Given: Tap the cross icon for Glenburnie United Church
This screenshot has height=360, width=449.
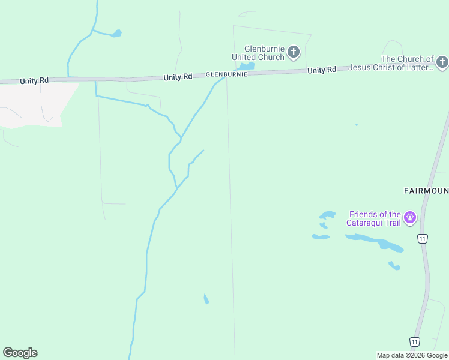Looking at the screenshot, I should pyautogui.click(x=294, y=52).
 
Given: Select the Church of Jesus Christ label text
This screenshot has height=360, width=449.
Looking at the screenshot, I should pyautogui.click(x=408, y=63).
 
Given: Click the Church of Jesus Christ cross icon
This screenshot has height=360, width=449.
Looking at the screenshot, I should pyautogui.click(x=442, y=62).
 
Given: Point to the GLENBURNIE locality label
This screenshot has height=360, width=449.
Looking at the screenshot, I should pyautogui.click(x=226, y=74).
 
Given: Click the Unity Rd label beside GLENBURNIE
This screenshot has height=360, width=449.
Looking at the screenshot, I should pyautogui.click(x=178, y=77).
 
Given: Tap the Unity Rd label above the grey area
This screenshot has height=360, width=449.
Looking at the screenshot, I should pyautogui.click(x=34, y=80).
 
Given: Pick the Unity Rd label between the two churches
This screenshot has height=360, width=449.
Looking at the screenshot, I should pyautogui.click(x=322, y=70).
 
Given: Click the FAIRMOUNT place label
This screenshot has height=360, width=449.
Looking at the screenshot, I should pyautogui.click(x=426, y=191).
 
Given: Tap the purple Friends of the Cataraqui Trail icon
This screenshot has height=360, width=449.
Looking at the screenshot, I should pyautogui.click(x=410, y=217).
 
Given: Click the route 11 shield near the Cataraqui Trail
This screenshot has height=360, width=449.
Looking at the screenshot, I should pyautogui.click(x=423, y=239).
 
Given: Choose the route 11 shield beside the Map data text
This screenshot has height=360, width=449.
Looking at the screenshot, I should pyautogui.click(x=414, y=341).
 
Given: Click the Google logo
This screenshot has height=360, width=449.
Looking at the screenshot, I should pyautogui.click(x=20, y=353).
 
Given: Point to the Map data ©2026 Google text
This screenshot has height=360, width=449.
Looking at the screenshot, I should pyautogui.click(x=412, y=355).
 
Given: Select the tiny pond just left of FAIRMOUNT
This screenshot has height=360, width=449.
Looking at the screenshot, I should pyautogui.click(x=357, y=125).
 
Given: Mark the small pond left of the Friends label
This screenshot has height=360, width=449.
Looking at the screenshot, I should pyautogui.click(x=327, y=214).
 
